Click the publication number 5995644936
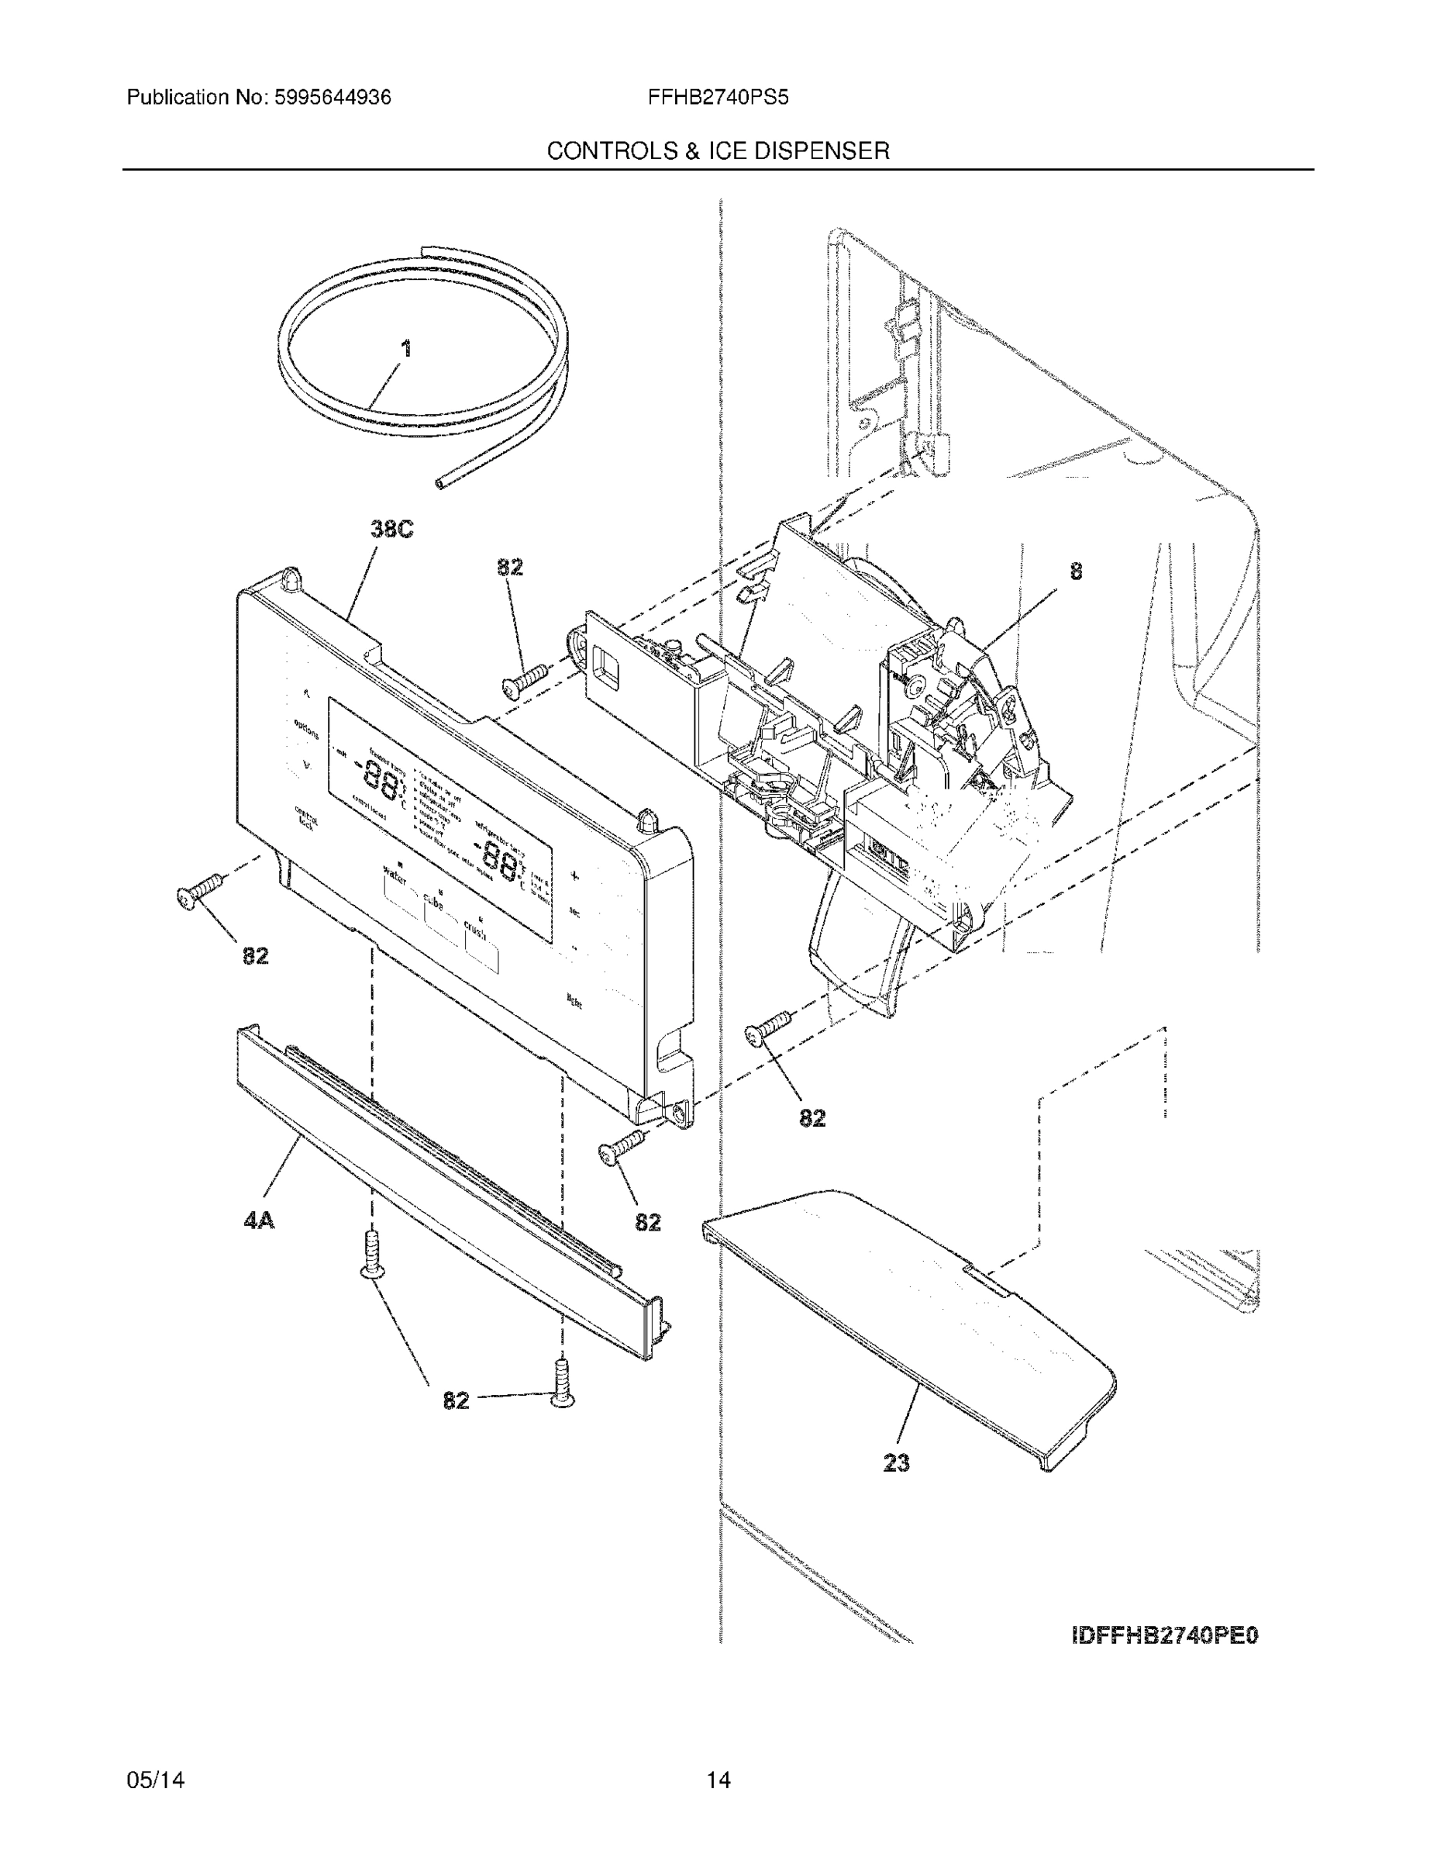point(332,97)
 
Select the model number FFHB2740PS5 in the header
point(718,97)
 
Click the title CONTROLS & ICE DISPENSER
point(718,151)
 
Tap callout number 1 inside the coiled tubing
point(406,348)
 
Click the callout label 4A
point(259,1221)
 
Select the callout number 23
point(896,1463)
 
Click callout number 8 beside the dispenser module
point(1076,571)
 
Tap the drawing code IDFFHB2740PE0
point(1164,1635)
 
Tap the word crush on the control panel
point(474,930)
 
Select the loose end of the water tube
point(441,484)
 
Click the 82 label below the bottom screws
point(456,1400)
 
